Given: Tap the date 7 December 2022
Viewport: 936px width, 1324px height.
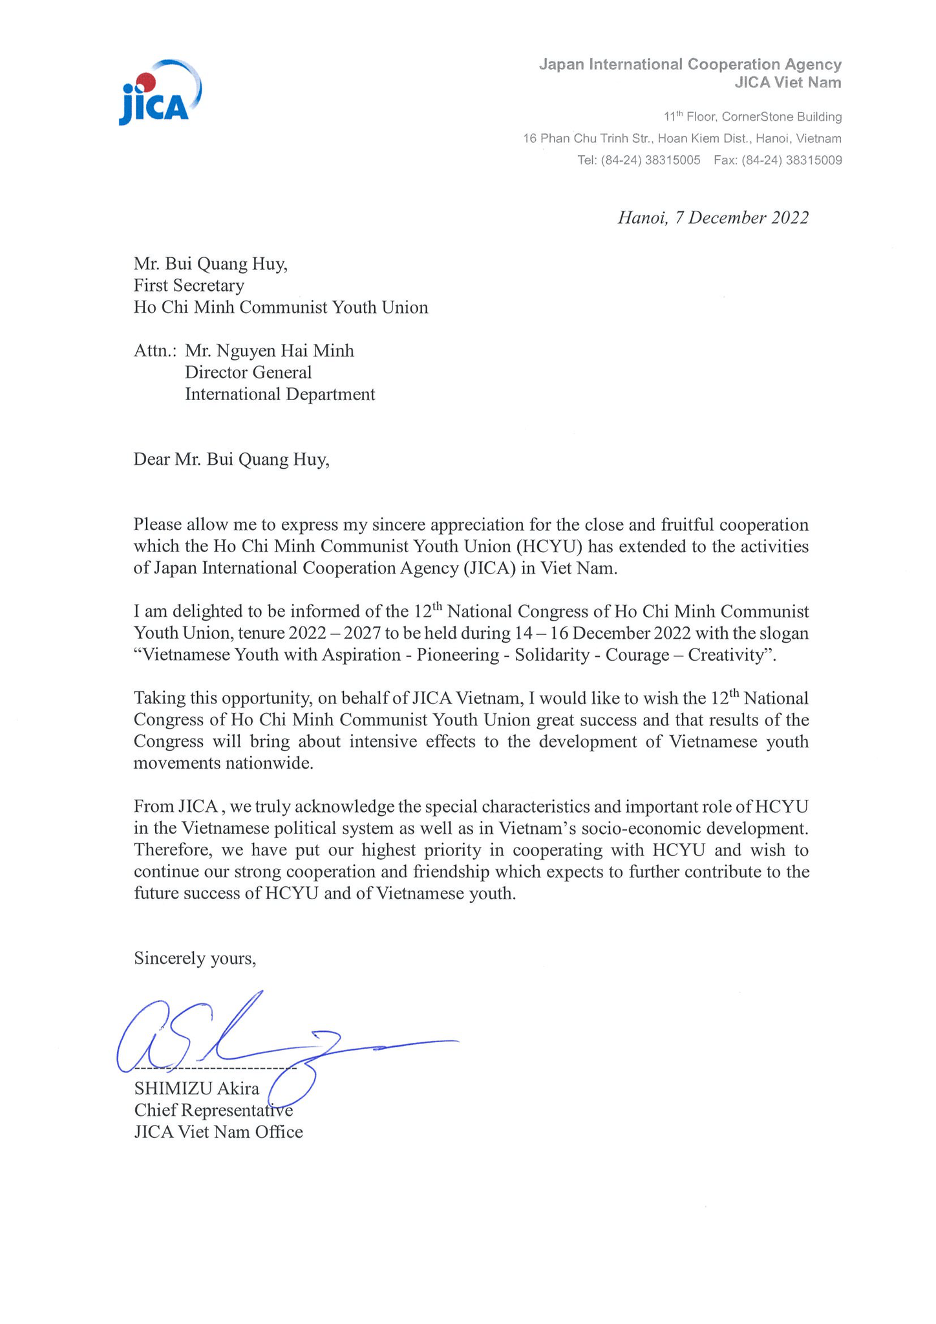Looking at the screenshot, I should (741, 218).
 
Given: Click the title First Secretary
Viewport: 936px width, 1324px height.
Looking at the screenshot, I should (189, 285).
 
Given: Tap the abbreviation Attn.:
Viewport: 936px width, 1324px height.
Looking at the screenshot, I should (155, 351).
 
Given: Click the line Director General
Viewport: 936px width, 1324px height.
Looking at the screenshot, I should (248, 372).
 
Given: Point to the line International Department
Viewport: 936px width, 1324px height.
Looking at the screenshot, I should (280, 394).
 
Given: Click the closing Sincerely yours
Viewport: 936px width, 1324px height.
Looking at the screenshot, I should (195, 958).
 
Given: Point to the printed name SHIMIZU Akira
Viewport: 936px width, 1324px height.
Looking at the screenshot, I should (197, 1089).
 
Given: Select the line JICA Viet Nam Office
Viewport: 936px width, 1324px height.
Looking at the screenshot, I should (218, 1132).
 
